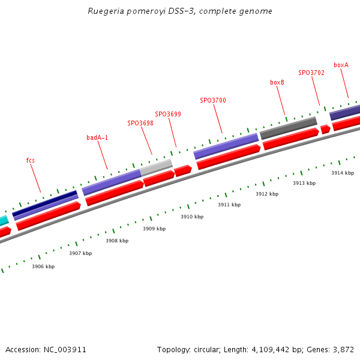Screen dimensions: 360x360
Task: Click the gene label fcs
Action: click(31, 160)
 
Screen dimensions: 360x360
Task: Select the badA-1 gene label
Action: click(97, 137)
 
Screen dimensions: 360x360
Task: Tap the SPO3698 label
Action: click(140, 123)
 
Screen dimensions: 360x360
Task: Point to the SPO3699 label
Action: click(168, 114)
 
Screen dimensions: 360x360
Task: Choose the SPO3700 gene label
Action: click(213, 100)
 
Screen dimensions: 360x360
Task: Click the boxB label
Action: click(277, 82)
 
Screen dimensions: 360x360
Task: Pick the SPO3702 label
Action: click(311, 73)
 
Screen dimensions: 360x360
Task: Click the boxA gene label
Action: click(341, 65)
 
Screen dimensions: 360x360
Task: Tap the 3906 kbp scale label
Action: click(43, 266)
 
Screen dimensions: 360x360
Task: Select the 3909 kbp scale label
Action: click(154, 229)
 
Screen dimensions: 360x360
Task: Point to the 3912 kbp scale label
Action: click(267, 194)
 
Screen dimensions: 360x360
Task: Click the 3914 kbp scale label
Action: click(343, 173)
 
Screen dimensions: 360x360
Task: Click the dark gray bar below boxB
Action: click(288, 127)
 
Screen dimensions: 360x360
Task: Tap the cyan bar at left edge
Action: click(4, 220)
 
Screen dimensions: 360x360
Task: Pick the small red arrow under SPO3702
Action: click(325, 129)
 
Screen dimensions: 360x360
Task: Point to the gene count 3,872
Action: click(343, 349)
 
